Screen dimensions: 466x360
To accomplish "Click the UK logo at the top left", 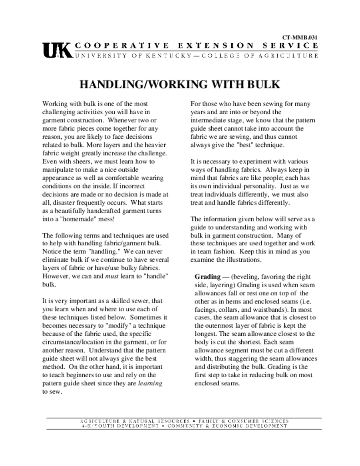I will pos(57,50).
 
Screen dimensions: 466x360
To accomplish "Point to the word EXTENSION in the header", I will pos(212,46).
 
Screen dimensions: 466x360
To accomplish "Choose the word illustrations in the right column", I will pos(243,260).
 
